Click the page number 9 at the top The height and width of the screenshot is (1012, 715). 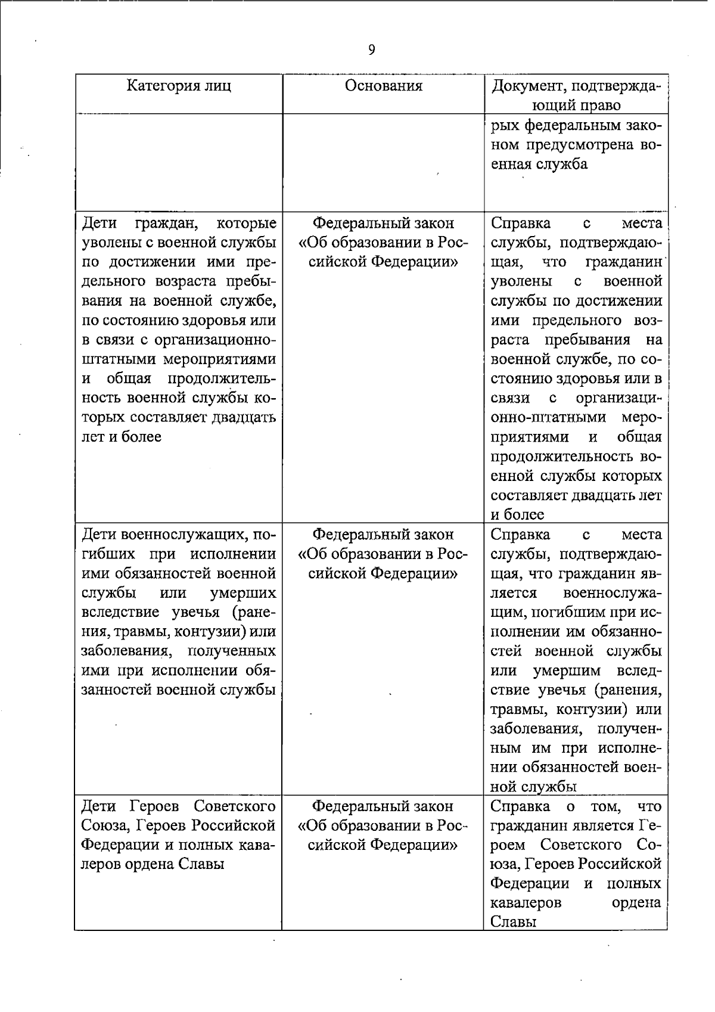pos(372,50)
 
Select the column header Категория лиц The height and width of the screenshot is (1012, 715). pos(179,86)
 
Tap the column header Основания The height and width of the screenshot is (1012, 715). pos(384,86)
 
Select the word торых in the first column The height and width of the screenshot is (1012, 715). pos(102,417)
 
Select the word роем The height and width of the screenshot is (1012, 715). pos(508,845)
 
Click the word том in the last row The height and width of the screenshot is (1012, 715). pos(606,806)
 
